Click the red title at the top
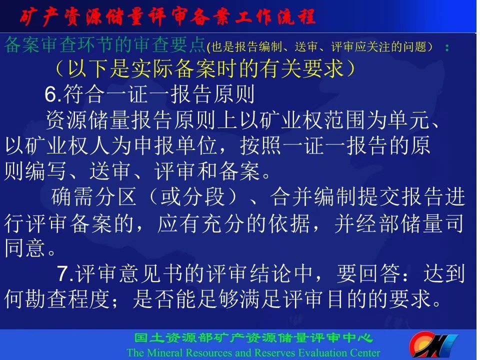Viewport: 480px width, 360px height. pos(167,16)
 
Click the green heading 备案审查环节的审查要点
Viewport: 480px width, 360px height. pos(104,44)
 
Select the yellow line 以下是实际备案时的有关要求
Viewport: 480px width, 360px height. pos(205,68)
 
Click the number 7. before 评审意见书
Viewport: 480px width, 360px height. pos(65,273)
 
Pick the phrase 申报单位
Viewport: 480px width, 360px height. pos(175,145)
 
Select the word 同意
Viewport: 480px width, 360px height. pos(25,247)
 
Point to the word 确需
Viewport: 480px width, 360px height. pos(71,196)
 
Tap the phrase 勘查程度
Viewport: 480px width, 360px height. pos(67,299)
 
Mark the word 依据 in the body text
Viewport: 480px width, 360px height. pos(288,223)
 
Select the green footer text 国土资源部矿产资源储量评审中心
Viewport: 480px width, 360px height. pos(254,338)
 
